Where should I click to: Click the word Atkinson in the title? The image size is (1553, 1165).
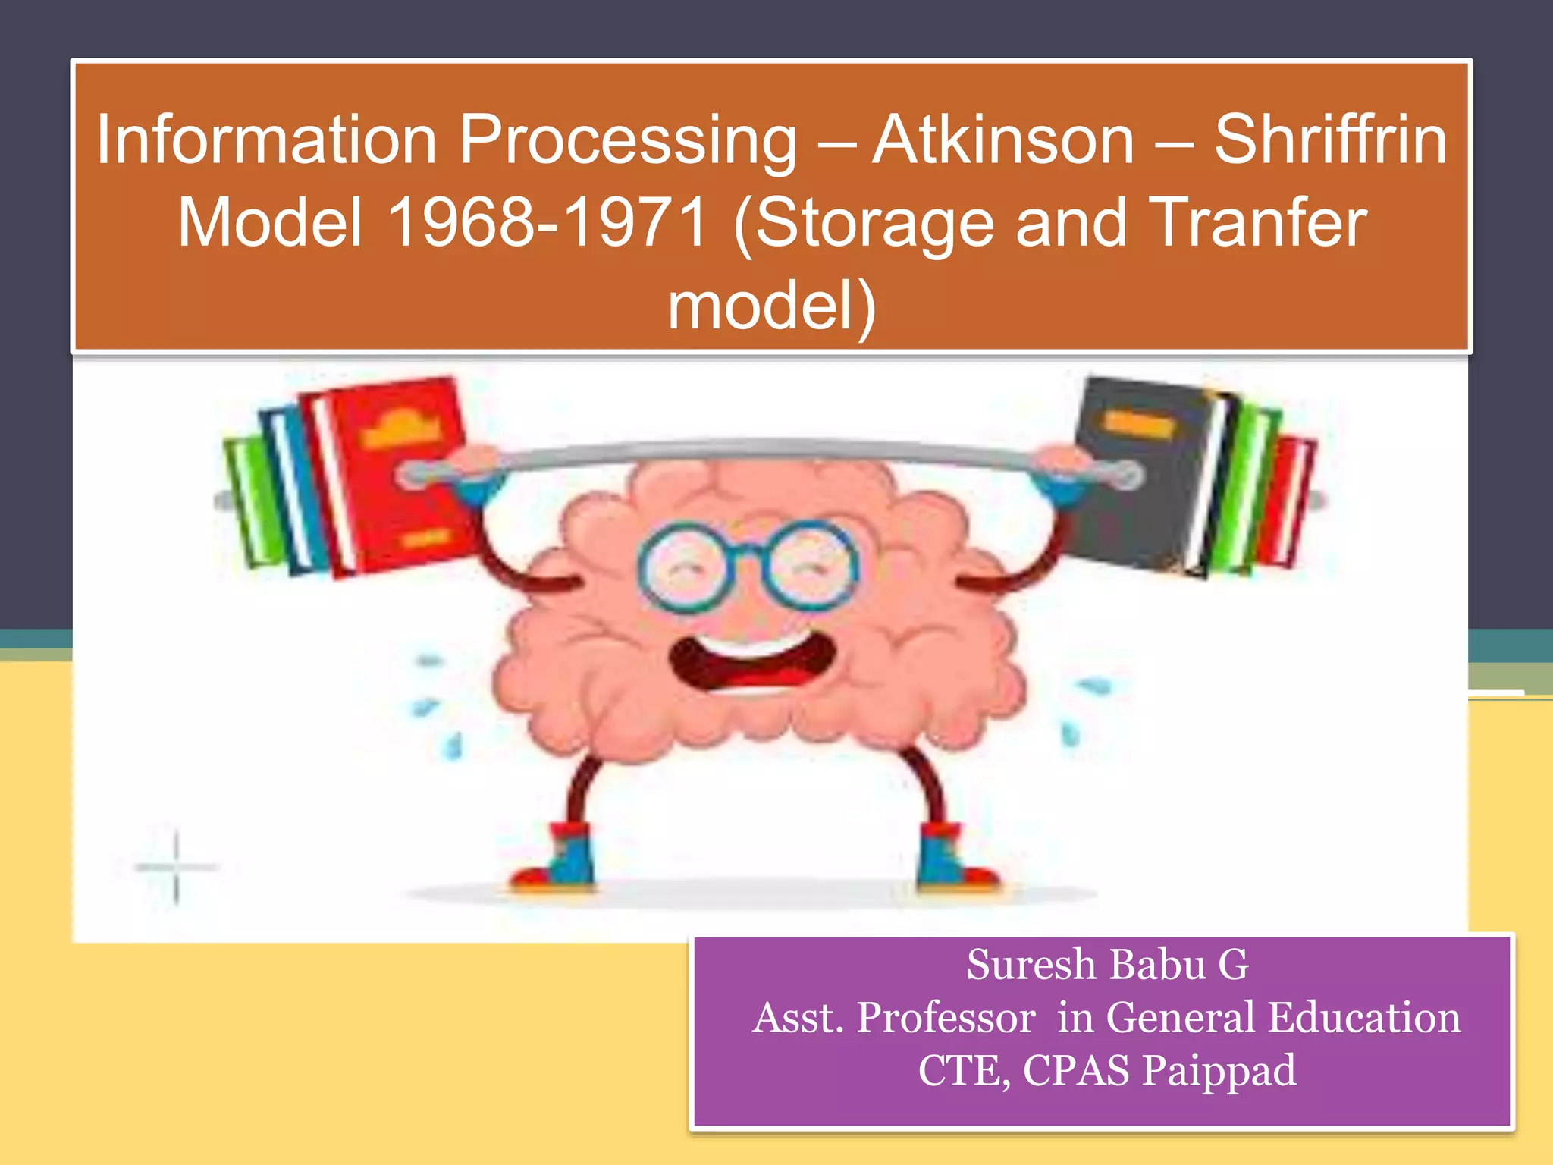[x=1002, y=140]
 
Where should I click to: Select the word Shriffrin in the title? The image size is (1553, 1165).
[x=1330, y=140]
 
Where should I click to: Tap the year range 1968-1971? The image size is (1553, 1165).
[x=547, y=223]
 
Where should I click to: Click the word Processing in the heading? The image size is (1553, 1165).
[x=628, y=142]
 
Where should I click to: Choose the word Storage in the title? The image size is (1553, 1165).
[x=874, y=225]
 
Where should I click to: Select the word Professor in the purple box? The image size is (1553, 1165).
[x=946, y=1018]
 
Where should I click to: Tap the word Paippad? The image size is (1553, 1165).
[x=1219, y=1070]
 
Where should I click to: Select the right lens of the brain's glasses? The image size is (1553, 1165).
[x=809, y=565]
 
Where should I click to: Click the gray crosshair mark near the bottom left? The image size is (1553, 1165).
[x=176, y=866]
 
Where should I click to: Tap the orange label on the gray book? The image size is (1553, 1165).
[x=1137, y=424]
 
